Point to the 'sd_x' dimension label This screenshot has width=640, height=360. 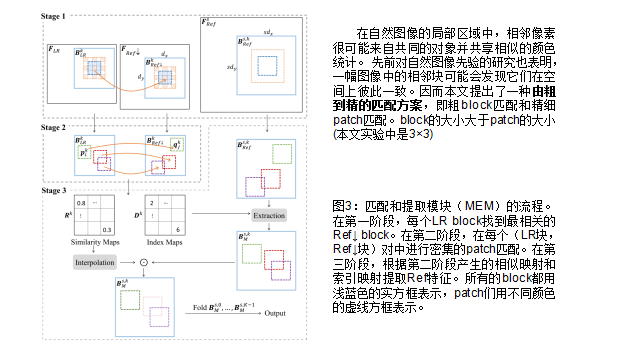(267, 34)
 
